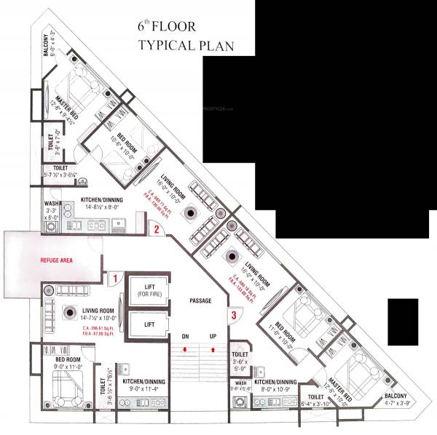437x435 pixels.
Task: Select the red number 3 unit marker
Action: pyautogui.click(x=232, y=315)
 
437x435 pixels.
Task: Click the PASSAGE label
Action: pyautogui.click(x=200, y=300)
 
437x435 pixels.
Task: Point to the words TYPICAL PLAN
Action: pyautogui.click(x=186, y=46)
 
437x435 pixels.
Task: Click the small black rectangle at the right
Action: pyautogui.click(x=403, y=322)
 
